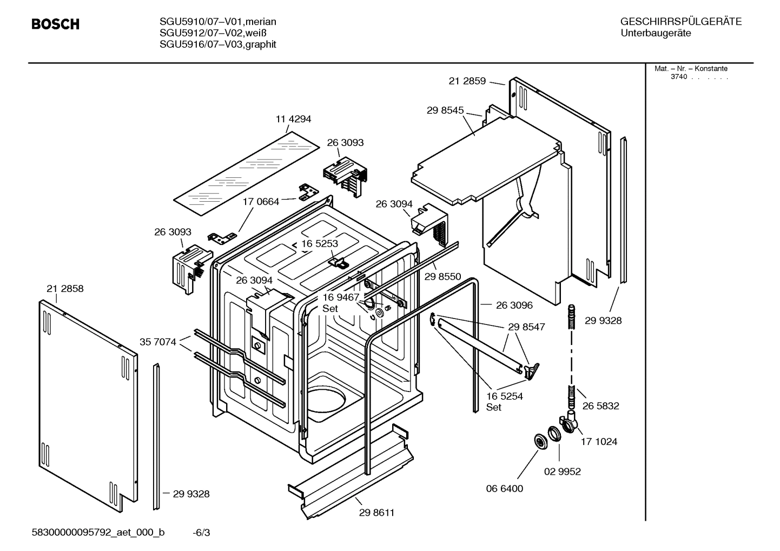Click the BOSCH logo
[x=55, y=24]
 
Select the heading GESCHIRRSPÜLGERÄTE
[x=680, y=22]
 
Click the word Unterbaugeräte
[x=656, y=34]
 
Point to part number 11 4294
[x=294, y=119]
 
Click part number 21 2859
[x=467, y=81]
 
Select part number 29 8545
[x=445, y=110]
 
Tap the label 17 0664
[x=261, y=202]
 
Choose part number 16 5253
[x=320, y=243]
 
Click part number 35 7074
[x=158, y=342]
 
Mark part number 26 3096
[x=514, y=305]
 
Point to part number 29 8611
[x=376, y=513]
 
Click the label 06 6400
[x=504, y=488]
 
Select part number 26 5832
[x=600, y=406]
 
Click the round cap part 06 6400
[x=540, y=441]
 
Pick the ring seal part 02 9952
[x=554, y=434]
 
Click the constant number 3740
[x=678, y=77]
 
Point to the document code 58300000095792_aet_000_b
[x=98, y=533]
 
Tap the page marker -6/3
[x=201, y=533]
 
